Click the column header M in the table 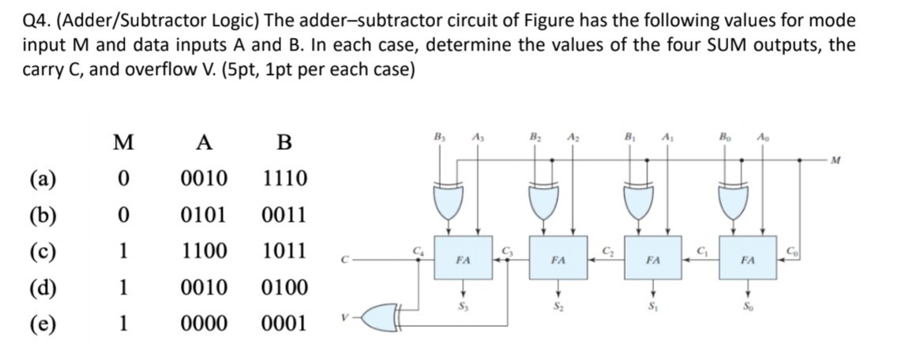pyautogui.click(x=122, y=143)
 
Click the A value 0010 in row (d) pyautogui.click(x=205, y=288)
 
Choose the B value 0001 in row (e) pyautogui.click(x=285, y=324)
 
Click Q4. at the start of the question pyautogui.click(x=36, y=20)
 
